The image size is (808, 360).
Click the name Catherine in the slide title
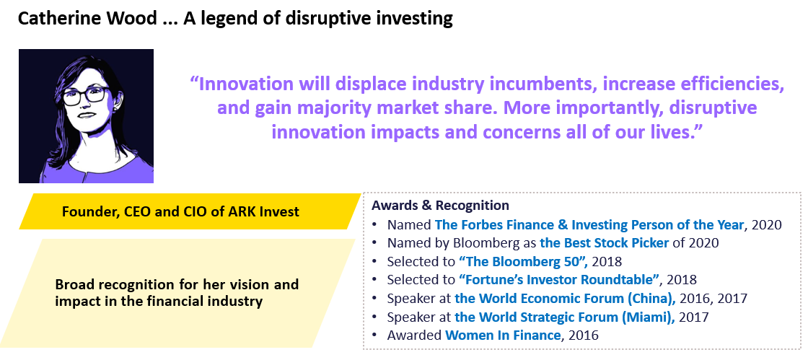click(56, 19)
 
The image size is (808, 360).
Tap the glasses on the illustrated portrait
click(86, 96)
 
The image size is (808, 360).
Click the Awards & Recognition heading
click(440, 206)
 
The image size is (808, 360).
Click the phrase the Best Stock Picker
click(604, 242)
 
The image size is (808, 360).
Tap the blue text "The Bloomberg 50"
click(522, 261)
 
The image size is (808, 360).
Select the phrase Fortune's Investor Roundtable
click(559, 280)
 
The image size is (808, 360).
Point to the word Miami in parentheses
click(653, 317)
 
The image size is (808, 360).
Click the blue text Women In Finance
click(502, 335)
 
